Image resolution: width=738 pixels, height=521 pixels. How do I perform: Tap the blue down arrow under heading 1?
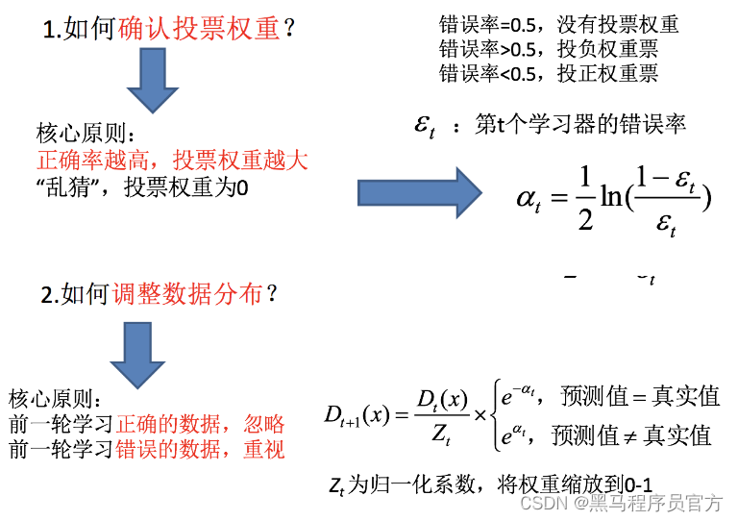tap(153, 81)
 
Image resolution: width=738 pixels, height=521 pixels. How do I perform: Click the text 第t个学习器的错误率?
tap(580, 126)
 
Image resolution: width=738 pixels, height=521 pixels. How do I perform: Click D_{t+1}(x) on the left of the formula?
tap(356, 415)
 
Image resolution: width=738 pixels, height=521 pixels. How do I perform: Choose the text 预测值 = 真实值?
tap(636, 396)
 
